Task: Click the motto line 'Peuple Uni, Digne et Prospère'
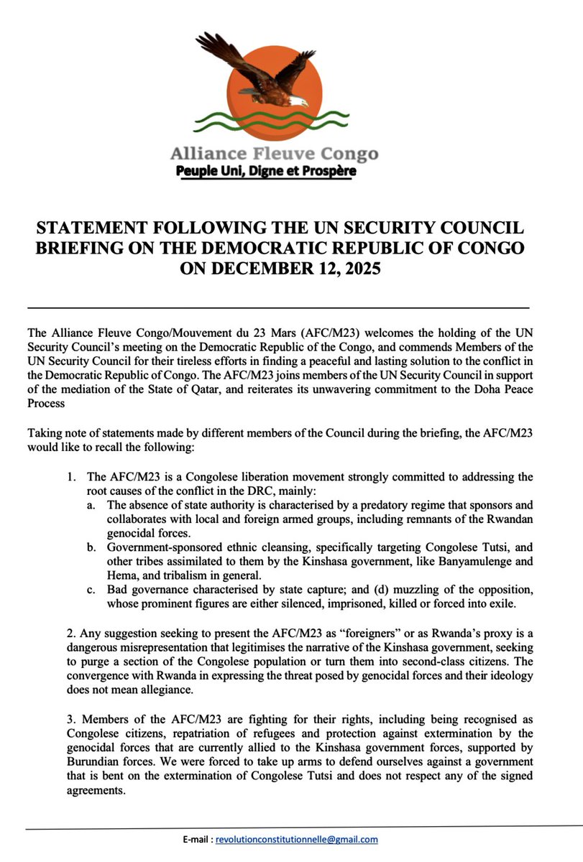pos(267,172)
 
